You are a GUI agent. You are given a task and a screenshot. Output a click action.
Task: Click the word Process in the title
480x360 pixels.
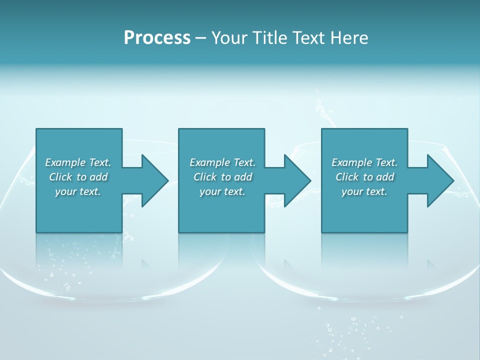tap(157, 38)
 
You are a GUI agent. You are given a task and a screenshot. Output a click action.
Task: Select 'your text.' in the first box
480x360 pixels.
tap(78, 191)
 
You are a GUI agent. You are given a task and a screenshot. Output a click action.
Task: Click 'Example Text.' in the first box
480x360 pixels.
tap(78, 162)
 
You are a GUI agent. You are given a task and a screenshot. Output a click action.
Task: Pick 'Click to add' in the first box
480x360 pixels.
tap(78, 177)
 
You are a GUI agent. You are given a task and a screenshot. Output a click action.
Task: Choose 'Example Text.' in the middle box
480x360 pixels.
tap(222, 162)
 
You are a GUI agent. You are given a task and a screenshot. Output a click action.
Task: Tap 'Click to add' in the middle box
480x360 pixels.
tap(222, 177)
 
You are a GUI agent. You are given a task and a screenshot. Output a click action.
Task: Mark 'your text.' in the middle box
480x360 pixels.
tap(222, 191)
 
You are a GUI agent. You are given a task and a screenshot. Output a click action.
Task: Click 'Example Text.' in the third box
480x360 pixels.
tap(364, 162)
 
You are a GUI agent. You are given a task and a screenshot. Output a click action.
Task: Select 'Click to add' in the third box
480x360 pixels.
tap(364, 177)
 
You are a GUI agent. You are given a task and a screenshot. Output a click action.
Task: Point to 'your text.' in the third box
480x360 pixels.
tap(364, 191)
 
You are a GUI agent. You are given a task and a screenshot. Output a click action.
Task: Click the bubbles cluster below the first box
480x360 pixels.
tap(67, 262)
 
